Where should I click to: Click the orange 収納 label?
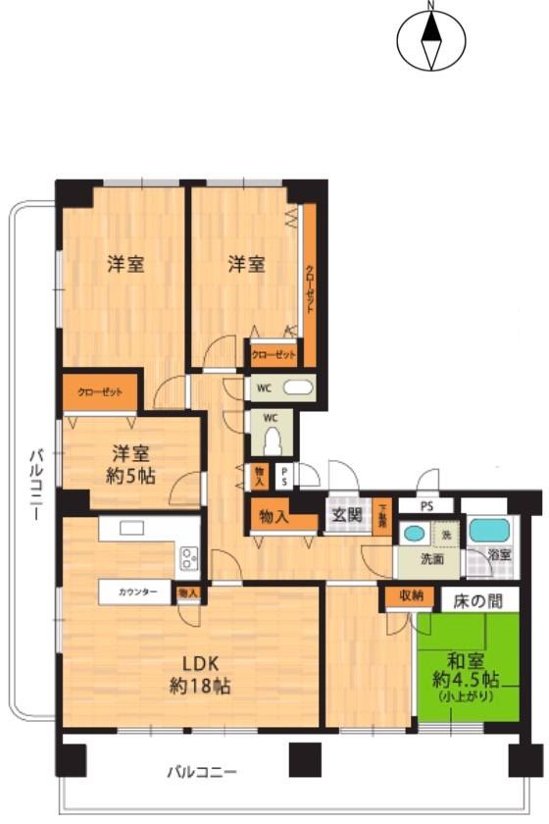tap(411, 596)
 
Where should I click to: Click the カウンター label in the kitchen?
tap(137, 592)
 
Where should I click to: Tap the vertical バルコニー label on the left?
tap(35, 485)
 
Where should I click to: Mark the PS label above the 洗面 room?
tap(426, 506)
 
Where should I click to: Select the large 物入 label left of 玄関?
tap(274, 516)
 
